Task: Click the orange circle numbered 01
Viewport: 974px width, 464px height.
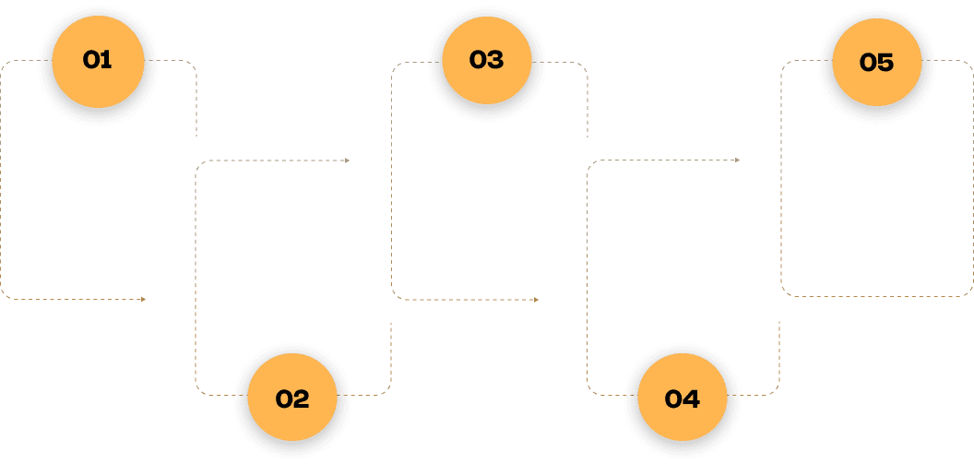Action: click(97, 61)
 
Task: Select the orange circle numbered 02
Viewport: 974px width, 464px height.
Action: click(291, 399)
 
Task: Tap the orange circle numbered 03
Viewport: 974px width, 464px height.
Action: click(486, 61)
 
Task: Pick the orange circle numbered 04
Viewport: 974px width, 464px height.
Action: click(682, 399)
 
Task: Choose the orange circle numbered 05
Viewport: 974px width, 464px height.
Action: click(876, 62)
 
